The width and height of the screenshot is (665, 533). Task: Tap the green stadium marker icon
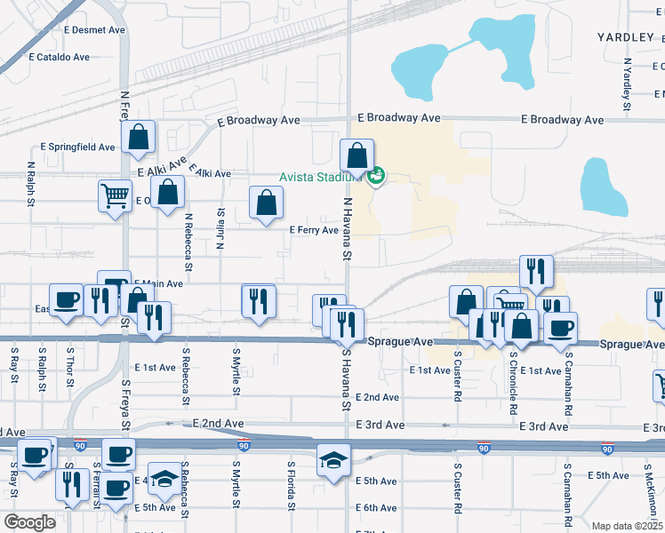pyautogui.click(x=377, y=176)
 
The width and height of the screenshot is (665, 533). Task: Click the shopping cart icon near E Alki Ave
pyautogui.click(x=114, y=195)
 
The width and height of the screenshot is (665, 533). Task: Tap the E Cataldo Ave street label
pyautogui.click(x=59, y=57)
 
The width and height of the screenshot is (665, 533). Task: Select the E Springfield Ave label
pyautogui.click(x=77, y=147)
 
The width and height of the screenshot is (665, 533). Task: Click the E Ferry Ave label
pyautogui.click(x=315, y=230)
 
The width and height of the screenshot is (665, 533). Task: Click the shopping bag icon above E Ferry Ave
pyautogui.click(x=266, y=203)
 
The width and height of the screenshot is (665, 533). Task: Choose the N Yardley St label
pyautogui.click(x=627, y=78)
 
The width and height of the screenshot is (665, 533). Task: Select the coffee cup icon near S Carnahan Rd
pyautogui.click(x=560, y=329)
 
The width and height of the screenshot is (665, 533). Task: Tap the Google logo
pyautogui.click(x=29, y=522)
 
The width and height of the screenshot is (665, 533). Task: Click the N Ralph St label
pyautogui.click(x=31, y=183)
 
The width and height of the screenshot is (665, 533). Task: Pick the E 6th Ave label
pyautogui.click(x=377, y=508)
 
